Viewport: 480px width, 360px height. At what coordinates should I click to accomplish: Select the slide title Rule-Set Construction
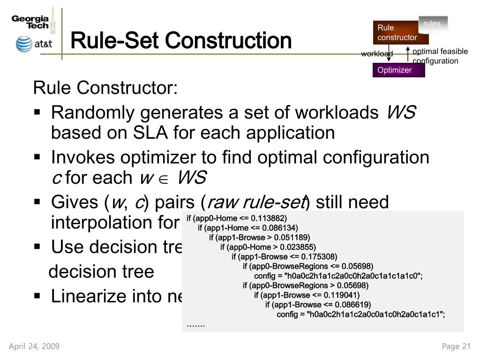(181, 40)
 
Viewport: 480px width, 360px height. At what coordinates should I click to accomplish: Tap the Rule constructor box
(394, 33)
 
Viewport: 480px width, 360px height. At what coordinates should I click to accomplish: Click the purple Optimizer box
(398, 70)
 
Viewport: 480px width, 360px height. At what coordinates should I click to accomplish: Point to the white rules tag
(432, 23)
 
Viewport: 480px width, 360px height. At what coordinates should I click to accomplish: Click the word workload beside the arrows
(376, 54)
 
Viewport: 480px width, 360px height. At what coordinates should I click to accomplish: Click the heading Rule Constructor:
(105, 88)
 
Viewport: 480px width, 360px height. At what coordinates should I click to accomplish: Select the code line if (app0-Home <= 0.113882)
(236, 218)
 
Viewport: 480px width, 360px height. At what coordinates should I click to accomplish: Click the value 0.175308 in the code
(319, 256)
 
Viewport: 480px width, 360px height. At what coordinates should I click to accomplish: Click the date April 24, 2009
(34, 346)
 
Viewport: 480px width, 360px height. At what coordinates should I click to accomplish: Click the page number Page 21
(456, 346)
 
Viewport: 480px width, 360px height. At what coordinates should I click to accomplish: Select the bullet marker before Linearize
(38, 296)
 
